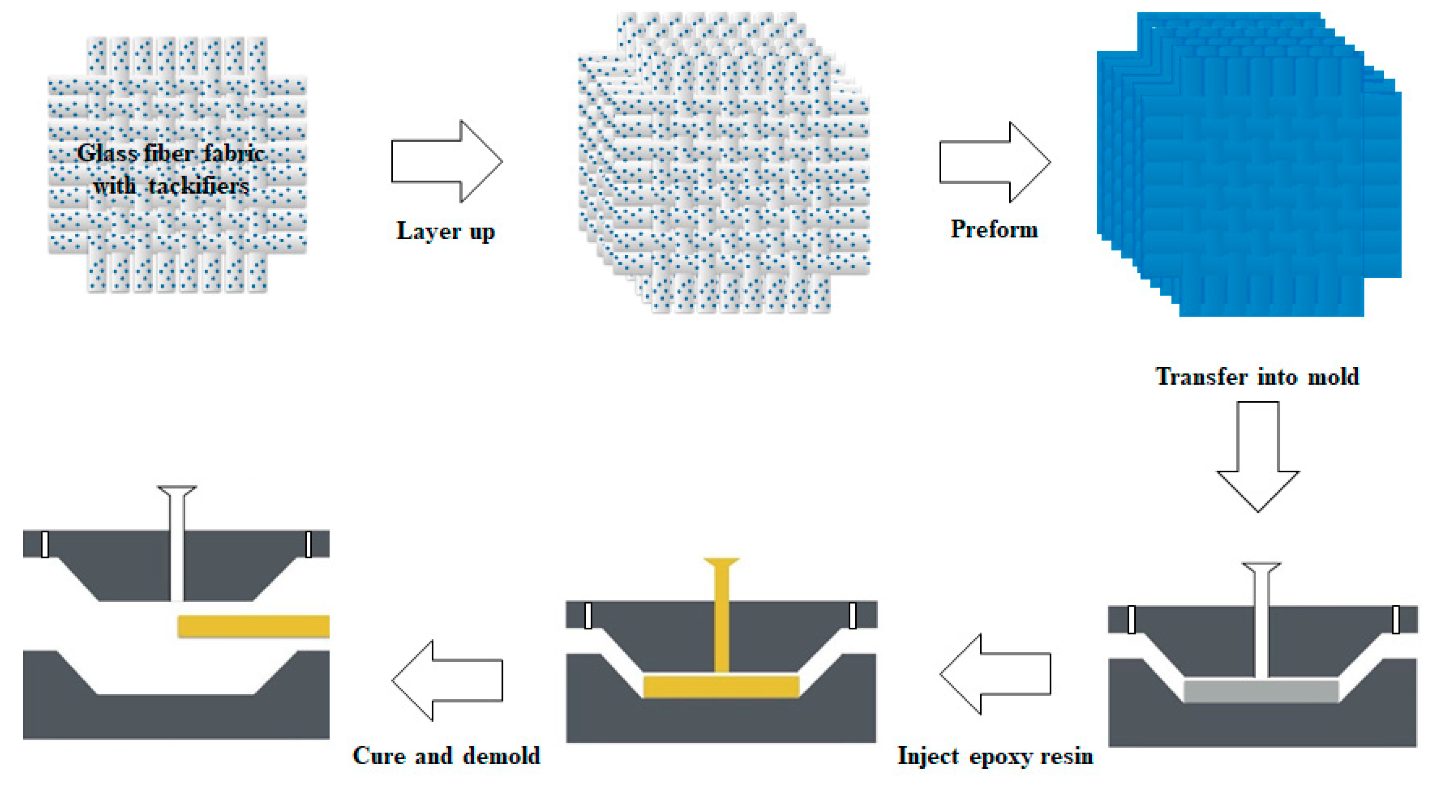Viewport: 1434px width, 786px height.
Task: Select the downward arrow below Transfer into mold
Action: (1257, 456)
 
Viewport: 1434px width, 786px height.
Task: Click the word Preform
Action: (994, 229)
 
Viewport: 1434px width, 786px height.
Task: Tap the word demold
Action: (501, 755)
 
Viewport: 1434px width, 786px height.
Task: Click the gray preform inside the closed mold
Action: (1261, 691)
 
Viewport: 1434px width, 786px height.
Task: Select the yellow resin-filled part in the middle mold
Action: (721, 687)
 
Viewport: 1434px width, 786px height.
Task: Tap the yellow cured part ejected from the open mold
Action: (253, 626)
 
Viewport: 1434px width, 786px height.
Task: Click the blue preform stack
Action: (1247, 167)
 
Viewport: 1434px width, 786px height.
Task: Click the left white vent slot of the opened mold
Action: (45, 544)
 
